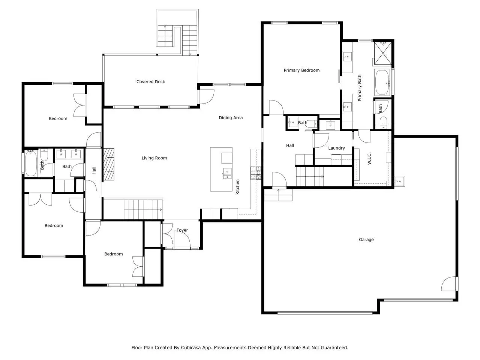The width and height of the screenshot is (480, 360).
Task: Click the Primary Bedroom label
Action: coord(301,70)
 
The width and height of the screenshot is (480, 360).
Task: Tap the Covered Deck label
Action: coord(151,82)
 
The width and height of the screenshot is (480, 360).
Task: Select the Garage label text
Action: coord(366,240)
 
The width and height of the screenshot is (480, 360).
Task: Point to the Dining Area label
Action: coord(231,118)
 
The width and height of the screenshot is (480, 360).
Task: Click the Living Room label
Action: coord(154,158)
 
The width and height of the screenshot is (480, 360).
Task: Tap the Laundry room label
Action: coord(336,148)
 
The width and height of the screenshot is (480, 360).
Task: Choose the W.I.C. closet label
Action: coord(369,159)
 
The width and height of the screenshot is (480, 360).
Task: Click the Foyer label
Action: coord(182,230)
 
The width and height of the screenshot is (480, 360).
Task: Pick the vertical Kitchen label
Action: coord(238,187)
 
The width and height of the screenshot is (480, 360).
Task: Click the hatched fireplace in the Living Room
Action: coord(109,164)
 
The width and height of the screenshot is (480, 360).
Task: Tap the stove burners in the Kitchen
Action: coord(256,172)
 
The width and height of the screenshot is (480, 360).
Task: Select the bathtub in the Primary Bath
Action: coord(382,82)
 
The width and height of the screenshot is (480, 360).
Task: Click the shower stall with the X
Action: coord(383,53)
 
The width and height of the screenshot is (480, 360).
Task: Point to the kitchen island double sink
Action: coord(227,174)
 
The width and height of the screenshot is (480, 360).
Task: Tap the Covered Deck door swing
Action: coord(206,97)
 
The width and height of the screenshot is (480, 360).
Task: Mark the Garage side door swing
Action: coord(449,284)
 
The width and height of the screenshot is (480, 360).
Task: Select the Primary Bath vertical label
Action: coord(360,88)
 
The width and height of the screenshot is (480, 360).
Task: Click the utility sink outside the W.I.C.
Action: coord(399,181)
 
